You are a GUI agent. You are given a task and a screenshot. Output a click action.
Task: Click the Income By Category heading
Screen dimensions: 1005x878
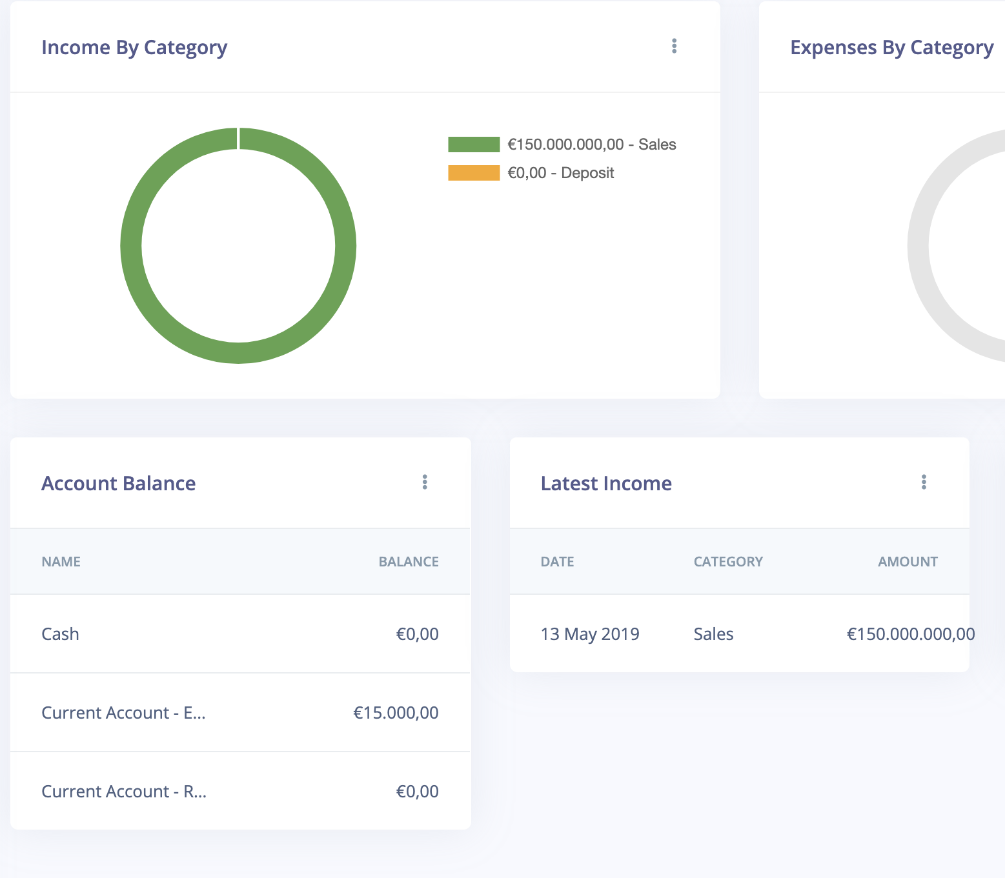[134, 48]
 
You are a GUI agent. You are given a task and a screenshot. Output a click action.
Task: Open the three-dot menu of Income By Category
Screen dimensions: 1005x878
[675, 46]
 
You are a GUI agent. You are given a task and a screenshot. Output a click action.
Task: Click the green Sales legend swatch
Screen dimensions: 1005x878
[474, 145]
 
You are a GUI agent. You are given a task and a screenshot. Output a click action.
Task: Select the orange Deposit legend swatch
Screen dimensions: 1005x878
[474, 173]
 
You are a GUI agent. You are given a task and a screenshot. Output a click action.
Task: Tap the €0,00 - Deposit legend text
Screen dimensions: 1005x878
[560, 173]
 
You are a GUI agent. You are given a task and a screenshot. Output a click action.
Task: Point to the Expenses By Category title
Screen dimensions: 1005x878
[891, 48]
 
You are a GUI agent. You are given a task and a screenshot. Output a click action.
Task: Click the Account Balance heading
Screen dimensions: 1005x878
[118, 483]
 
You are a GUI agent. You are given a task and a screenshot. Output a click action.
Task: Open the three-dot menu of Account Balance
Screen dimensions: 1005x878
[425, 482]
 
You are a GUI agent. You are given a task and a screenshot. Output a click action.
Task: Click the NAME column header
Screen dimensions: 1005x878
[61, 561]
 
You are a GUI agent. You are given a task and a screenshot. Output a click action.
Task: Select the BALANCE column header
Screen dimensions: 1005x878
[409, 561]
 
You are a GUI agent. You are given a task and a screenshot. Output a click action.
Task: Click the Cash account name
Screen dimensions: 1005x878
[60, 634]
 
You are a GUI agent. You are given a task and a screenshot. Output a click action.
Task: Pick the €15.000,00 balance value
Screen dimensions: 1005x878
[396, 713]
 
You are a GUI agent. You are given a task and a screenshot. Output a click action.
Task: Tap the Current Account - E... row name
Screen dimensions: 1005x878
[124, 713]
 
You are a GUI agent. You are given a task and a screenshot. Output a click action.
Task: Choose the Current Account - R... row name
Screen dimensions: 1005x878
[124, 791]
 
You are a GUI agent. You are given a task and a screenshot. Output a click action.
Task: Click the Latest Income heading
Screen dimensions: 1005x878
[606, 483]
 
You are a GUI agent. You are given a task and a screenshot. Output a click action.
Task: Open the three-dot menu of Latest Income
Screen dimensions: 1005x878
[924, 482]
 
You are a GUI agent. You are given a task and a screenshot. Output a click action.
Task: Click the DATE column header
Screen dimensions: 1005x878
[558, 561]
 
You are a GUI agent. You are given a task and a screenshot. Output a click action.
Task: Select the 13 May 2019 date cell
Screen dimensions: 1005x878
[590, 634]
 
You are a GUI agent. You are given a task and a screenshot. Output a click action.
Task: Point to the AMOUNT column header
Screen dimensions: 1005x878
[908, 561]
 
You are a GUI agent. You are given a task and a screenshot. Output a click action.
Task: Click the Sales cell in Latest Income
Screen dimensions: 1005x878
[713, 634]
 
